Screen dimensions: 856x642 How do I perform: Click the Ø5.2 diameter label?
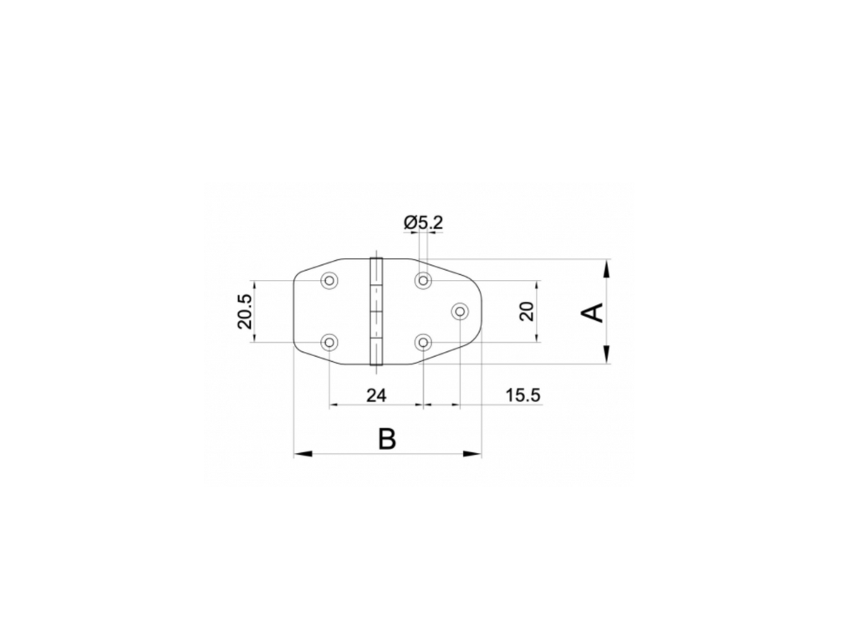click(x=423, y=222)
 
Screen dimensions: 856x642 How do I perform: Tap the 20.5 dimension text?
click(x=245, y=311)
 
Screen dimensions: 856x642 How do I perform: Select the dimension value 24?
click(x=376, y=395)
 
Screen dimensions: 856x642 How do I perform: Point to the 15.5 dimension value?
click(x=523, y=395)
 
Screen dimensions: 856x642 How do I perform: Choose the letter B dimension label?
click(x=386, y=439)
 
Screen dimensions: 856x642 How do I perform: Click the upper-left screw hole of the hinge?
click(x=329, y=281)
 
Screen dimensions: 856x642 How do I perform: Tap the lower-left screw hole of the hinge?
click(x=329, y=342)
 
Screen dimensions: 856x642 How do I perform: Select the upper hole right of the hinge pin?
click(x=423, y=281)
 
